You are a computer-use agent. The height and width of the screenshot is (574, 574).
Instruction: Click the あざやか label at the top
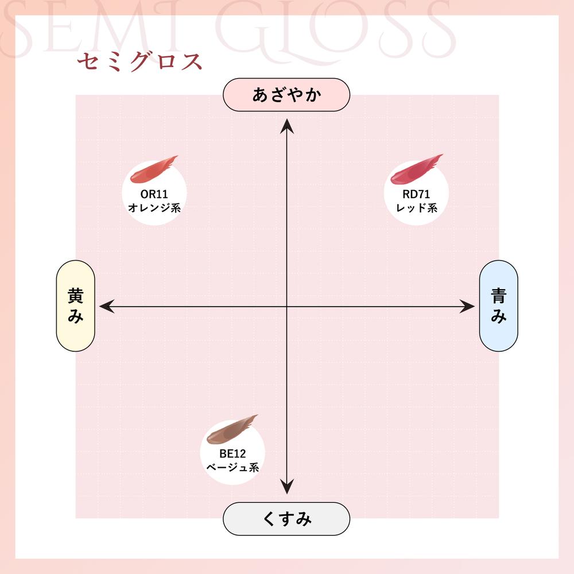(286, 95)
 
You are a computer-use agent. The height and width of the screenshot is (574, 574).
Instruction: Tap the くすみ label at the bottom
(286, 519)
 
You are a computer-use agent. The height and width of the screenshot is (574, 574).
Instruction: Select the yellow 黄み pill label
(75, 306)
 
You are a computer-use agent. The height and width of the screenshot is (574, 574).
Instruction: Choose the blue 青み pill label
(499, 306)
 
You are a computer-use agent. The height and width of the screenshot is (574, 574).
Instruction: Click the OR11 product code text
(154, 193)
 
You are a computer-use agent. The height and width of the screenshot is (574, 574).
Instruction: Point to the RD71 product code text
(416, 193)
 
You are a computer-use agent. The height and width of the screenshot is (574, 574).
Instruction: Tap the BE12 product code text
(232, 453)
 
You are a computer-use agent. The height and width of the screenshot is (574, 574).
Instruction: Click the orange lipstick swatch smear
(154, 169)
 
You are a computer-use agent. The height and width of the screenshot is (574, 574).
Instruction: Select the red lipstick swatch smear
(417, 169)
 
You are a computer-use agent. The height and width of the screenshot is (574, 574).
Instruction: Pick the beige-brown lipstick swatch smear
(232, 429)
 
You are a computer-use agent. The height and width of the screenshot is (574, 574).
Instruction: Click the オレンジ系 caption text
(154, 208)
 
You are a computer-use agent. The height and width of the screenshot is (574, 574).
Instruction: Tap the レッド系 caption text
(417, 208)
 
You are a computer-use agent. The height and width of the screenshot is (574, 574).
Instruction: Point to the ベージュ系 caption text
(232, 467)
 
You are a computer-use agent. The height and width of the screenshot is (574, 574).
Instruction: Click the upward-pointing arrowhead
(286, 126)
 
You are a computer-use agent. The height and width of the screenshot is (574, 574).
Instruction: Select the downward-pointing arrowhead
(286, 487)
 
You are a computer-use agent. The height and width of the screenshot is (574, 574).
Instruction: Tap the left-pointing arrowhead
(107, 307)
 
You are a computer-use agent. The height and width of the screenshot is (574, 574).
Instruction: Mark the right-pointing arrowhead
(467, 307)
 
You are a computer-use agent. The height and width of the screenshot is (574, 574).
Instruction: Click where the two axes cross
(286, 307)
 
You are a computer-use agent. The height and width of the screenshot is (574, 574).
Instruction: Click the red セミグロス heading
(139, 61)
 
